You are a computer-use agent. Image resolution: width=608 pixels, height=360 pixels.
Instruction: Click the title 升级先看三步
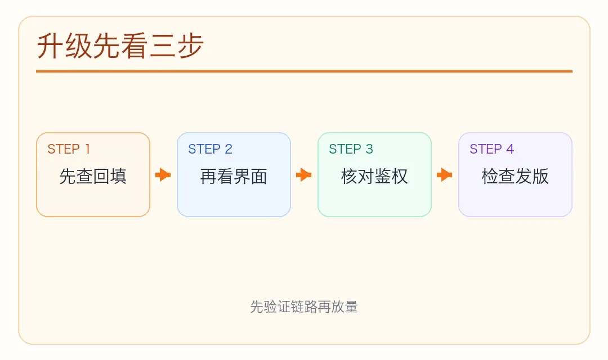[120, 46]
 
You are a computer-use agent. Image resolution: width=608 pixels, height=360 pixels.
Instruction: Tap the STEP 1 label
[69, 149]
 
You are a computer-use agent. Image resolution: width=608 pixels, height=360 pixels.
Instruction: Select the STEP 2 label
[210, 149]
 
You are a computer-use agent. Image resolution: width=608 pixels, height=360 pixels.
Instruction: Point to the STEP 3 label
[351, 149]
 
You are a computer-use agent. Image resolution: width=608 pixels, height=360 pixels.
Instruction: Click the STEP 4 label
[491, 149]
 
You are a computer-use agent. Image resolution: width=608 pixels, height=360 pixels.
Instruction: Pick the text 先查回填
[93, 177]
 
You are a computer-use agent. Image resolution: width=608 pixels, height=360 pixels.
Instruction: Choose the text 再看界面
[234, 177]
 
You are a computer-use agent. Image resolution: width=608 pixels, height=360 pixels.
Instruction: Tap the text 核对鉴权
[374, 177]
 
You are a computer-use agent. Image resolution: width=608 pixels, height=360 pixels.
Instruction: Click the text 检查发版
[515, 177]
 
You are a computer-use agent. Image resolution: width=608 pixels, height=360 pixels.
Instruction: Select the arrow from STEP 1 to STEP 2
[163, 175]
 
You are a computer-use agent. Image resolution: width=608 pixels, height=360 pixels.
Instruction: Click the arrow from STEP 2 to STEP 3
[304, 175]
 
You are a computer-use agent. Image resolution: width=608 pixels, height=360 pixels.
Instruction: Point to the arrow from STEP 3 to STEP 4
[445, 175]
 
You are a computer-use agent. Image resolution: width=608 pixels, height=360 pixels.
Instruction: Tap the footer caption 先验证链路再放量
[304, 307]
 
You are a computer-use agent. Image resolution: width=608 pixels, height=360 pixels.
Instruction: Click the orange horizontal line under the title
[304, 71]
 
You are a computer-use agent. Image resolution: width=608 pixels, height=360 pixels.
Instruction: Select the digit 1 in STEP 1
[87, 149]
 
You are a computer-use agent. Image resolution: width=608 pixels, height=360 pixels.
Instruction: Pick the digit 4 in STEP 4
[510, 149]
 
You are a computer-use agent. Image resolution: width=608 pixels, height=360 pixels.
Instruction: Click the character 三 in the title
[162, 46]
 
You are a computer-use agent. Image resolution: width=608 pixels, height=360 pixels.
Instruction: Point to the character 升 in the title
[50, 46]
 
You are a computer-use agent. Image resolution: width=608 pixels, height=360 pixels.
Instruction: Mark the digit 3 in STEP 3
[369, 149]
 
